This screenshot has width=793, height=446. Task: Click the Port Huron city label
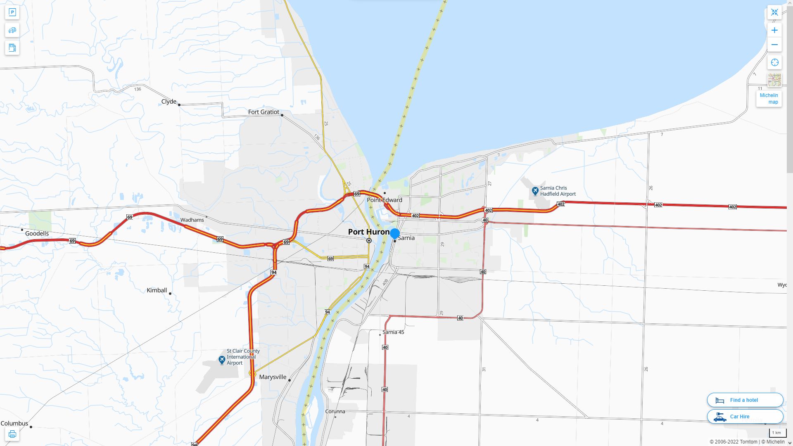(x=368, y=232)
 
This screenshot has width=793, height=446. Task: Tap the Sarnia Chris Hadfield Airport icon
(x=535, y=191)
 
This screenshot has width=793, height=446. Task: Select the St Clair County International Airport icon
(x=222, y=360)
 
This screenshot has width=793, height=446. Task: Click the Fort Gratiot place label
(x=264, y=112)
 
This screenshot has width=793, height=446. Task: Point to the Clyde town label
(x=169, y=102)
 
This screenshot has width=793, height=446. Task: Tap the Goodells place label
(x=37, y=233)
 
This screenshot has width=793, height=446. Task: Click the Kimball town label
(x=157, y=290)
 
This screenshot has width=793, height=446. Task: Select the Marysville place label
(x=273, y=377)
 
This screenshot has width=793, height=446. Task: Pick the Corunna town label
(x=335, y=411)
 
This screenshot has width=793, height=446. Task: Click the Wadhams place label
(x=192, y=220)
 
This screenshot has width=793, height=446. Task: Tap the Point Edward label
(x=385, y=200)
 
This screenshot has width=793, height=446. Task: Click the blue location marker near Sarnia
(x=395, y=233)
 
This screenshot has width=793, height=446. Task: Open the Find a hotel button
(x=745, y=400)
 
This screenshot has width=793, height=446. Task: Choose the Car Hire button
(x=745, y=416)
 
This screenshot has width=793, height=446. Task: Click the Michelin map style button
(x=769, y=98)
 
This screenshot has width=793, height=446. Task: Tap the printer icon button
(x=12, y=434)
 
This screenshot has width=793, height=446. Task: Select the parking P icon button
(x=12, y=12)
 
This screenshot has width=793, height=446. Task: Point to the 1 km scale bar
(x=777, y=433)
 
